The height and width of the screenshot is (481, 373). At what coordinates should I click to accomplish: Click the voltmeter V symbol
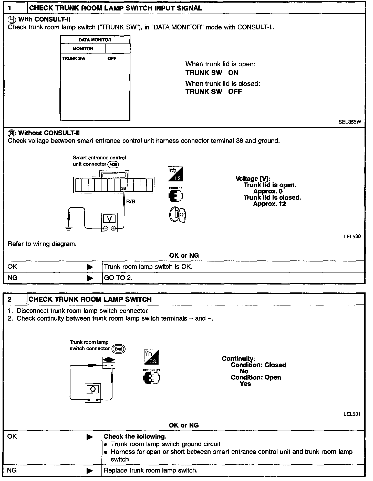[109, 219]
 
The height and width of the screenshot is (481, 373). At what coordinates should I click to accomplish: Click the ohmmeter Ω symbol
[93, 389]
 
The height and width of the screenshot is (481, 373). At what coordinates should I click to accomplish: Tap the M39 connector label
[113, 165]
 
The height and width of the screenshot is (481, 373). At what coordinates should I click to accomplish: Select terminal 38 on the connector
[124, 188]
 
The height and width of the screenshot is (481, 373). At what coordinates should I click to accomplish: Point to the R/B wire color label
[131, 202]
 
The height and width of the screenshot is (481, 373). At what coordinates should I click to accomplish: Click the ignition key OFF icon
[177, 215]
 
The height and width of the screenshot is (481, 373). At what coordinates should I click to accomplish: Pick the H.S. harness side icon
[175, 174]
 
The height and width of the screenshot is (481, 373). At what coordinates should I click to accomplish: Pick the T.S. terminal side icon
[151, 357]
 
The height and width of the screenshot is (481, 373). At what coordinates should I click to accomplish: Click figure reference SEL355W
[350, 122]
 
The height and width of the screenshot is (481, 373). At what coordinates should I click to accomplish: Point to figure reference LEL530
[352, 236]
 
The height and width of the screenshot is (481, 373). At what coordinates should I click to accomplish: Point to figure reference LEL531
[352, 414]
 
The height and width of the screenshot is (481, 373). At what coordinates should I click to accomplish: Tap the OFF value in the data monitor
[112, 59]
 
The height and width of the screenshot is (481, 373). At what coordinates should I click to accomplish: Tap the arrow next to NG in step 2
[90, 471]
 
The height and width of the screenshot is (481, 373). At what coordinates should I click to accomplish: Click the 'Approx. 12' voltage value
[269, 204]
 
